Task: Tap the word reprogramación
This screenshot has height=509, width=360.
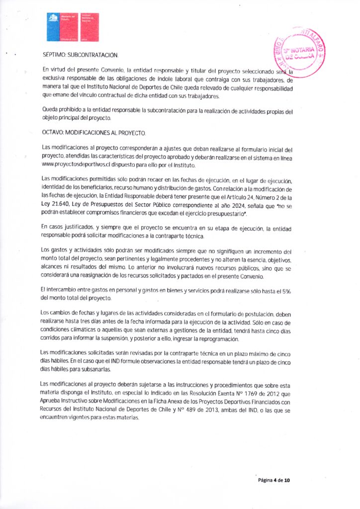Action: (x=218, y=339)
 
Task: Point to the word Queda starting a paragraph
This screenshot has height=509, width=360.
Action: (x=51, y=110)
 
